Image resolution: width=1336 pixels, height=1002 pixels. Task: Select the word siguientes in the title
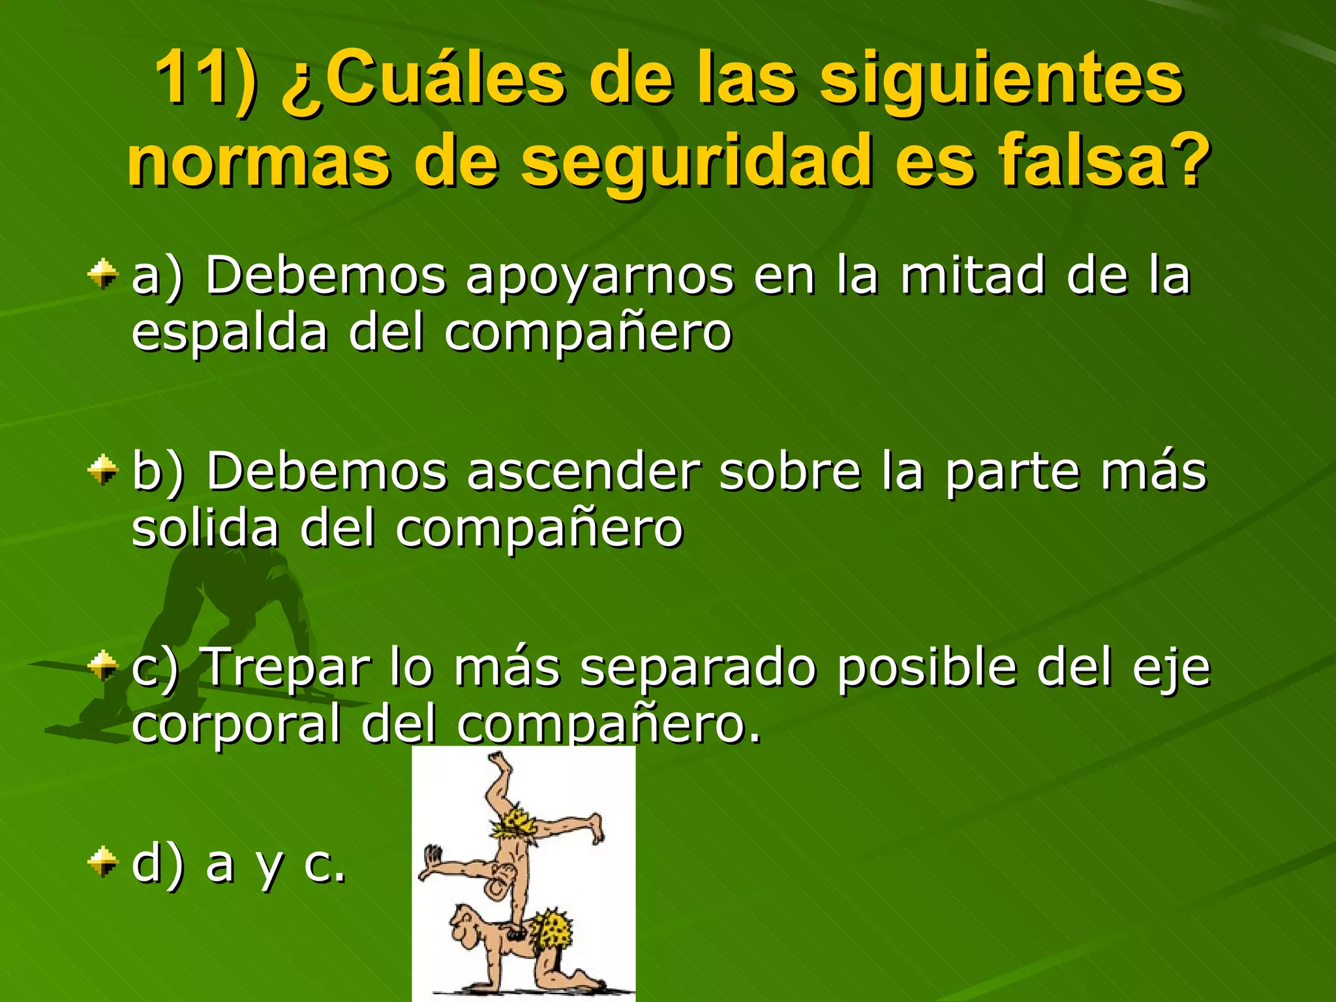pyautogui.click(x=1001, y=82)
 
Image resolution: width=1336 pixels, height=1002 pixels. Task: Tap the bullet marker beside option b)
pyautogui.click(x=103, y=471)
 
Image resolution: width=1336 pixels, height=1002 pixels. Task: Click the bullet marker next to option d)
pyautogui.click(x=103, y=862)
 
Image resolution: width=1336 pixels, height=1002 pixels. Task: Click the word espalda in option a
pyautogui.click(x=229, y=333)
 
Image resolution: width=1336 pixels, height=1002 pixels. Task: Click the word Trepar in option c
pyautogui.click(x=288, y=667)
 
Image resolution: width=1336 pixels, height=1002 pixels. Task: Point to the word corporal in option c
pyautogui.click(x=235, y=724)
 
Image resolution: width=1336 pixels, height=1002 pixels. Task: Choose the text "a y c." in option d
pyautogui.click(x=275, y=864)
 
